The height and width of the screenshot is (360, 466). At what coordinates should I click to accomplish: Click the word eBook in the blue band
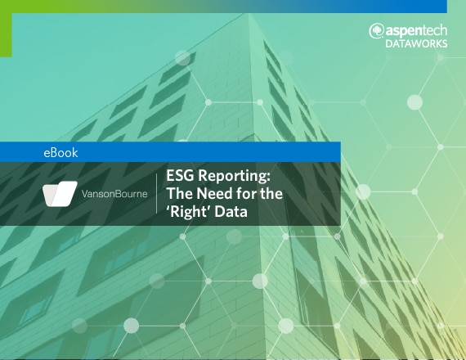pyautogui.click(x=60, y=153)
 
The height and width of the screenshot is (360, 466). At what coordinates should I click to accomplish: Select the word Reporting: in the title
pyautogui.click(x=234, y=176)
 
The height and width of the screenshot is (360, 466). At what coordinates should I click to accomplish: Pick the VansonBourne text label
pyautogui.click(x=114, y=194)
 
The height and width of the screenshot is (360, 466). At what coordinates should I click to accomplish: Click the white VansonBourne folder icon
pyautogui.click(x=60, y=194)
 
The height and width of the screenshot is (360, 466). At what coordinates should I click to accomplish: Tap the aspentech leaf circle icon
pyautogui.click(x=376, y=31)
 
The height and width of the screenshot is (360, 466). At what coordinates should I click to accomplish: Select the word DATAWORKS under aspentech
pyautogui.click(x=416, y=43)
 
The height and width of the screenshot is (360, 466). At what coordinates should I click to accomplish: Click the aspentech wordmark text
pyautogui.click(x=416, y=31)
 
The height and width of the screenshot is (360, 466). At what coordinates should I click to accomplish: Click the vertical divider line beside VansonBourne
pyautogui.click(x=157, y=194)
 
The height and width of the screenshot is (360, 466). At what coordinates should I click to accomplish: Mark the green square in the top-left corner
pyautogui.click(x=6, y=29)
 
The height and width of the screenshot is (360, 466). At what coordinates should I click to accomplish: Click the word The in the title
pyautogui.click(x=180, y=193)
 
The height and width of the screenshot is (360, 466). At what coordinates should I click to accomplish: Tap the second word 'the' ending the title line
pyautogui.click(x=271, y=193)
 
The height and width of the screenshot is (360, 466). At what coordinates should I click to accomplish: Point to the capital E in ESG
pyautogui.click(x=170, y=175)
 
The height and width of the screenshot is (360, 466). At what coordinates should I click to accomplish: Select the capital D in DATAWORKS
pyautogui.click(x=389, y=43)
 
